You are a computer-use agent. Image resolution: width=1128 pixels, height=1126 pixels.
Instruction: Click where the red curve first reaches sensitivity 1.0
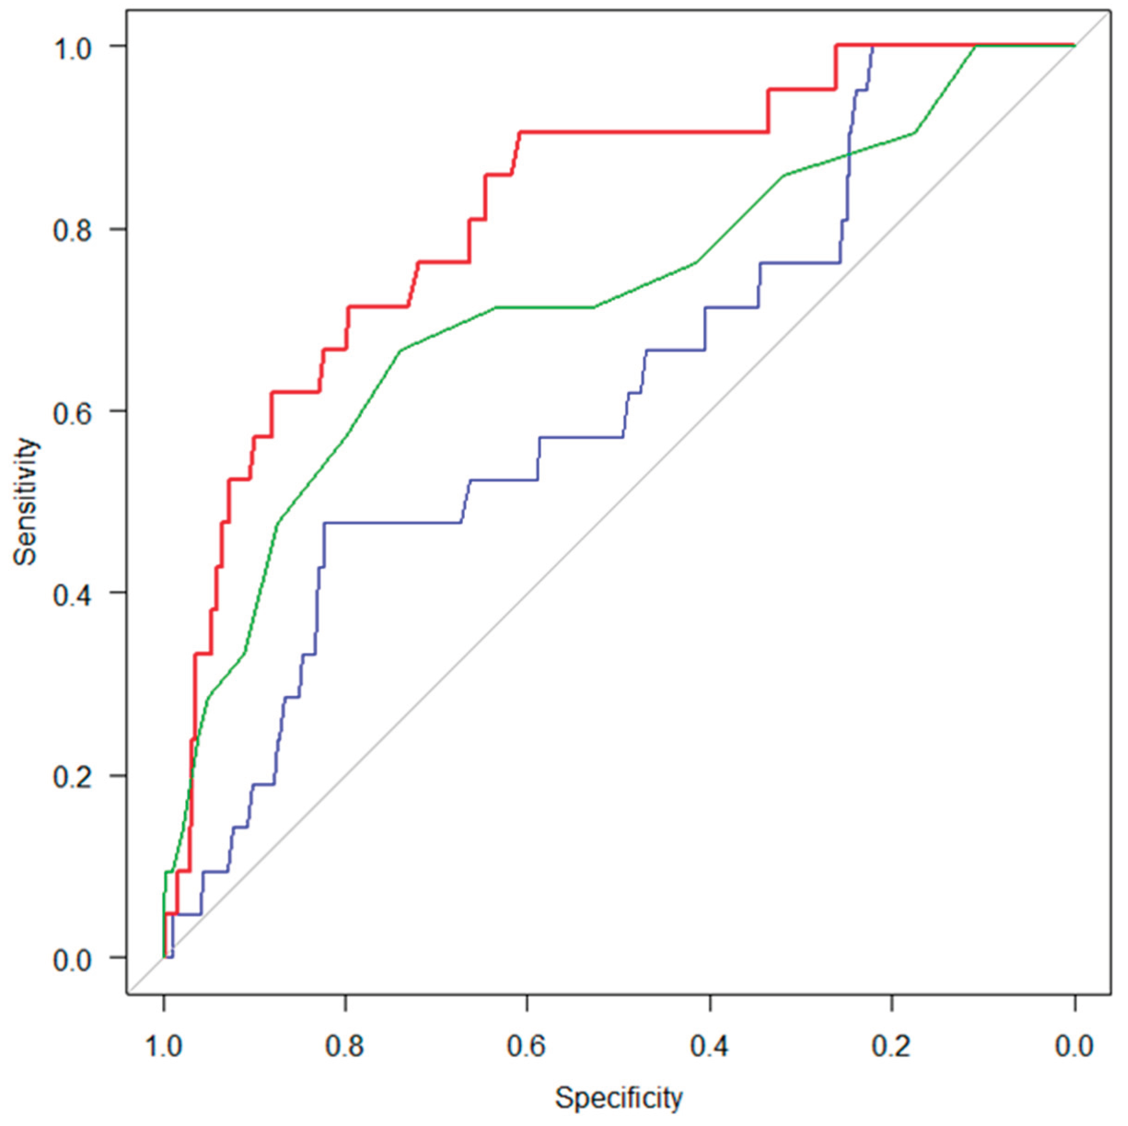point(836,45)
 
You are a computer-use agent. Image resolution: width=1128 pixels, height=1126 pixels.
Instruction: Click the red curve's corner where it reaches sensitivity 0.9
point(520,132)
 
